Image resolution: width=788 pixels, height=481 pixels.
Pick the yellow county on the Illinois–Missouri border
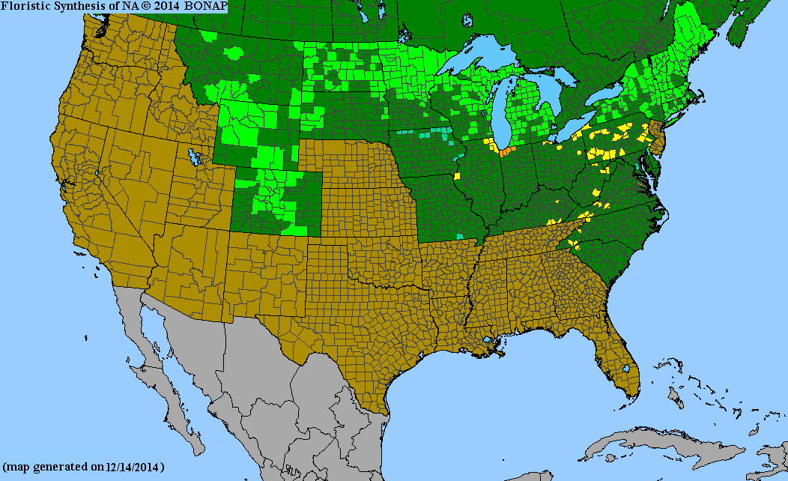(x=455, y=176)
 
